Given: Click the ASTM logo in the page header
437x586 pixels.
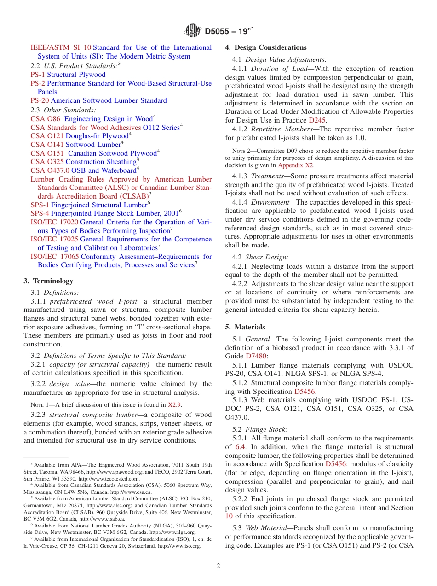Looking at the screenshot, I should pos(193,31).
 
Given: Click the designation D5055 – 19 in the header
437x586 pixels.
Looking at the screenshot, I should pos(230,31).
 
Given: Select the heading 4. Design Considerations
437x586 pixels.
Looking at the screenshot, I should pos(266,47).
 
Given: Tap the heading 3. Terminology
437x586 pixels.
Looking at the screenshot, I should pos(48,281).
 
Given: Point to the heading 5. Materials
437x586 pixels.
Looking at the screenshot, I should pos(245,327).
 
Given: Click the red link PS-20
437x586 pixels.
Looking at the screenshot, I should pos(40,100).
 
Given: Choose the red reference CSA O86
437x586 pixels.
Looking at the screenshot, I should pos(45,119).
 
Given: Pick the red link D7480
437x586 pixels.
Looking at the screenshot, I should pos(256,356).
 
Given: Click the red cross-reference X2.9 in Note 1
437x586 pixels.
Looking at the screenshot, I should pos(174,405).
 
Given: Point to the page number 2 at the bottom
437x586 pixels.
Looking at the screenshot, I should pos(218,566).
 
